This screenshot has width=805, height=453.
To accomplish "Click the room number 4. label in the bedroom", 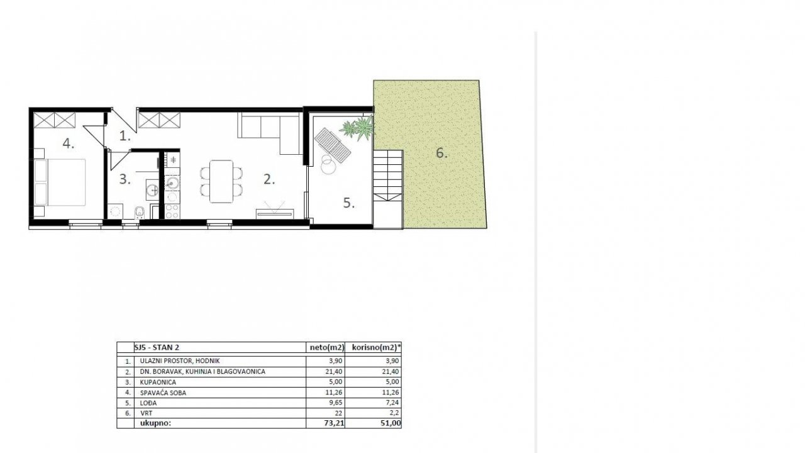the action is point(69,144).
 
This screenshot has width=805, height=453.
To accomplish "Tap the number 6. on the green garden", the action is point(441,153).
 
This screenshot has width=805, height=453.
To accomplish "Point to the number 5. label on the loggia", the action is point(348,203).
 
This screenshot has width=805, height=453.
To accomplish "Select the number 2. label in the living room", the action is point(269,179).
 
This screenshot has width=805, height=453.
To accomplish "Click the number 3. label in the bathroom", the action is point(125,179).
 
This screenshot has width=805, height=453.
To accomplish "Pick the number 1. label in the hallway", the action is point(125,137).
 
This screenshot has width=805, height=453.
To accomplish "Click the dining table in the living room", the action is point(221,182).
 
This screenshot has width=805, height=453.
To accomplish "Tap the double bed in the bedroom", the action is point(60,182).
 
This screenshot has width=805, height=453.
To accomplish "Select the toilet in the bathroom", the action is point(140,213).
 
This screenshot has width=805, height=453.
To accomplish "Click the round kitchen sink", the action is point(173,183).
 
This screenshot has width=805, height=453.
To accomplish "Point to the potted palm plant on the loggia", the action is point(358,128).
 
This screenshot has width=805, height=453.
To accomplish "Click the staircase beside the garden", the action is point(388,189).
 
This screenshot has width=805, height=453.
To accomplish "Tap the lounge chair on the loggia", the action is point(333,145).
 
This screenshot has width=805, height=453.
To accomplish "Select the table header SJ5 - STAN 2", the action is point(157,347).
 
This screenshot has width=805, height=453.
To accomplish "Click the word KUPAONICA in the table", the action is point(158,382).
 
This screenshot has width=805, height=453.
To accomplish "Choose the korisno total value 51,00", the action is point(391,423).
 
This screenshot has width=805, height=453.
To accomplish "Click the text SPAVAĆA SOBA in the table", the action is point(163,393).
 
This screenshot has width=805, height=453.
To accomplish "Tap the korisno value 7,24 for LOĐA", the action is point(392,403).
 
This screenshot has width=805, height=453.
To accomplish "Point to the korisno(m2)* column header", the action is point(376,347).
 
